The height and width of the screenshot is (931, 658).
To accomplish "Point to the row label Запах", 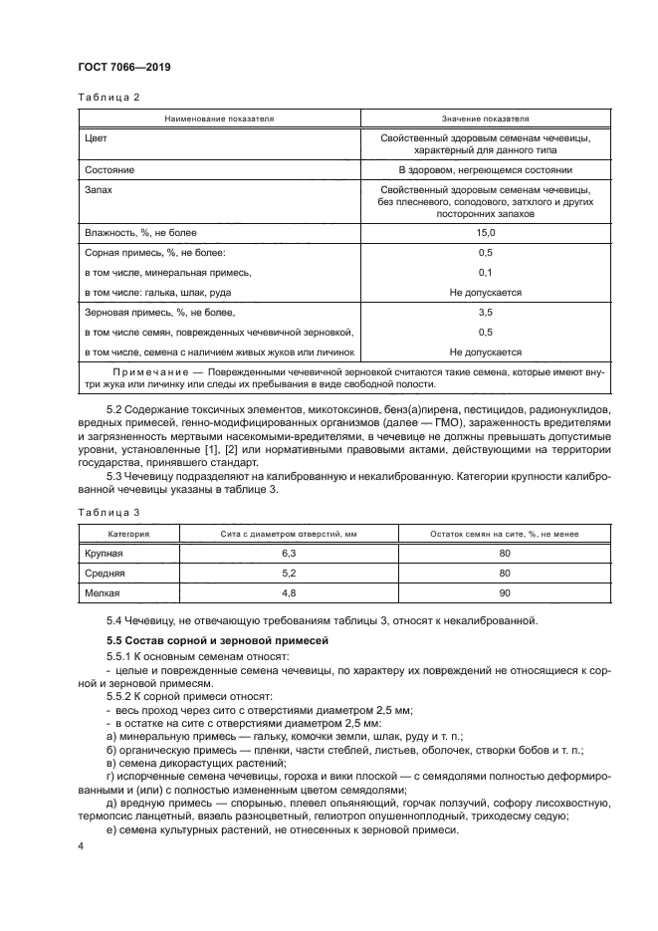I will point(101,189).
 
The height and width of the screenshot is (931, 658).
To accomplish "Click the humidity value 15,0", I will point(485,232).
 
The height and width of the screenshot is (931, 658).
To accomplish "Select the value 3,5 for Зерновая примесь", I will point(485,312).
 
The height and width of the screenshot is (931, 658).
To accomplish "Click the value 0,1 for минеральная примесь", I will point(485,272).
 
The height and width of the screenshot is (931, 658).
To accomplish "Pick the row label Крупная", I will point(106,553).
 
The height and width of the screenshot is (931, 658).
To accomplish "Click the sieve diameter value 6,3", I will point(290,553).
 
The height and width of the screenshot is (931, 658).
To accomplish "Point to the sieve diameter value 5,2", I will point(290,574).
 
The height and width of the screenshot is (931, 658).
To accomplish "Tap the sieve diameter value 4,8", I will point(290,593).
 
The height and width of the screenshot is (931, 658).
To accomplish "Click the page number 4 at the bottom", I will point(82,845).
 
